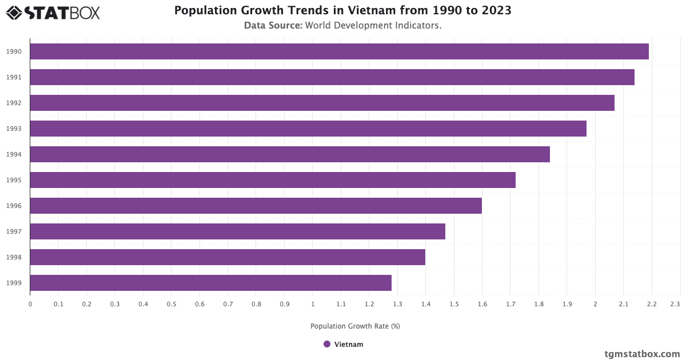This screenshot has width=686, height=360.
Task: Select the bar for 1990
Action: coord(339,51)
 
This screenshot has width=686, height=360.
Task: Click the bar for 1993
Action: coord(308,129)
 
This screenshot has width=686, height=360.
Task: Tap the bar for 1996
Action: coord(256,206)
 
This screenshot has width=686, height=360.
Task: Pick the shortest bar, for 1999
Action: coord(210,283)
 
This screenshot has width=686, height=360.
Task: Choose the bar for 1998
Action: coord(228,257)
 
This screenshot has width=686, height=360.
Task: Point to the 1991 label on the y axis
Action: coord(14,77)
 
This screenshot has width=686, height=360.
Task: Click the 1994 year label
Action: coord(14,154)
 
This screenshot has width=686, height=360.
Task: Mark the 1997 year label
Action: coord(14,231)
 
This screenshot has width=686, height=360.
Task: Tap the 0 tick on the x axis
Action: coord(30,304)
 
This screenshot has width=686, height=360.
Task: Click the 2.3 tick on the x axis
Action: coord(675,304)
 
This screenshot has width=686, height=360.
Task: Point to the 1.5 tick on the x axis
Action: coord(454,304)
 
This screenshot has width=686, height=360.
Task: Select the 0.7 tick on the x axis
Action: coord(228,304)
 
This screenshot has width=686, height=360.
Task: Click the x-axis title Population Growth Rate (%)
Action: coord(355,326)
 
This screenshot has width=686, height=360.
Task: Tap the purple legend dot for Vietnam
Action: coord(327,344)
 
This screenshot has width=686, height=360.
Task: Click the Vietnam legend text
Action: coord(349,344)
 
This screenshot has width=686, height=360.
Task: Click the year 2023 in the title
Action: coord(496,10)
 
